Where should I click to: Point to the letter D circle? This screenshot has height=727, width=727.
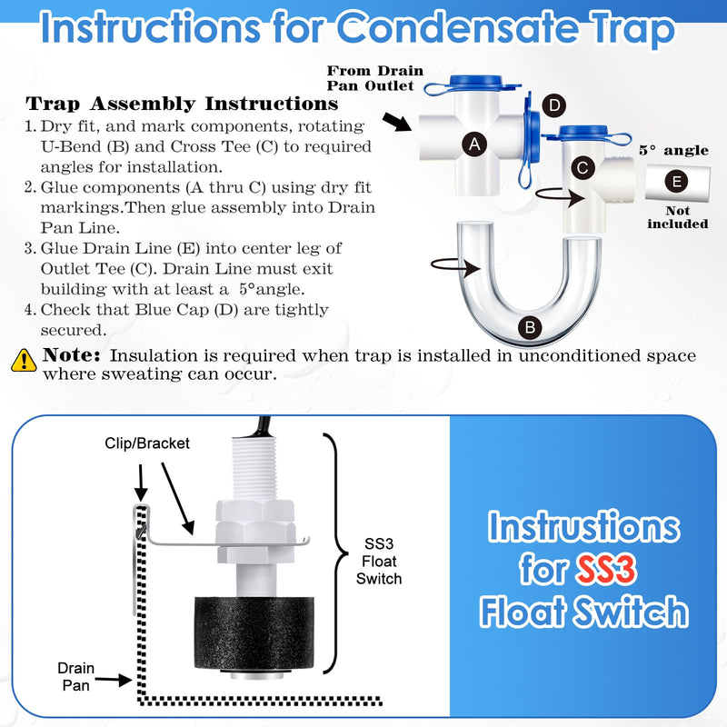pos(553,105)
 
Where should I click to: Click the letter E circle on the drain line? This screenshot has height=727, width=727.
pos(673,181)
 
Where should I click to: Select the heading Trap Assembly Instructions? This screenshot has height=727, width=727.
pos(168,104)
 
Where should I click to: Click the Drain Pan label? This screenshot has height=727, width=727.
pos(75,676)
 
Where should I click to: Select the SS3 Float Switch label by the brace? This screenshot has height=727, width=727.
pos(378,562)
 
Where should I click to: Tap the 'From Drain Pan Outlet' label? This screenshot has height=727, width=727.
pos(374,78)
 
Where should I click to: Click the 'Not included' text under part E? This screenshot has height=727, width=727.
pos(677,218)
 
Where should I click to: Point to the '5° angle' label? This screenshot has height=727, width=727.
pos(672,150)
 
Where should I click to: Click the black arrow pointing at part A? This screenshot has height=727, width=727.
pos(397,122)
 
